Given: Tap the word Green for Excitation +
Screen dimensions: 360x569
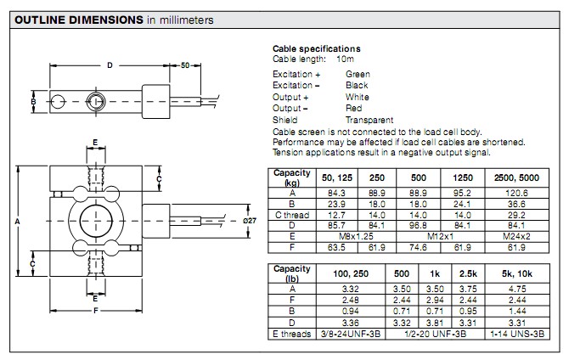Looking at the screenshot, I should (x=358, y=75).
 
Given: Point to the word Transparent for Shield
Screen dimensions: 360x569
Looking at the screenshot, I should (x=369, y=120).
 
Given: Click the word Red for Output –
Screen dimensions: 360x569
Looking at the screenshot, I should (x=354, y=109).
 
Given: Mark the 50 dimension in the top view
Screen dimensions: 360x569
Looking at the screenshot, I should (x=186, y=65).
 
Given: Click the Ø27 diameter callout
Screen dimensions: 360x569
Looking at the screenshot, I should (x=249, y=221).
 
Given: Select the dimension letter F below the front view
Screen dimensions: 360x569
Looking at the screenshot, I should (x=95, y=310).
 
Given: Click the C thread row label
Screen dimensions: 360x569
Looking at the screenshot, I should (x=290, y=214).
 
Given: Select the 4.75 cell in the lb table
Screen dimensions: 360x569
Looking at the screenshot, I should (x=515, y=289).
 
